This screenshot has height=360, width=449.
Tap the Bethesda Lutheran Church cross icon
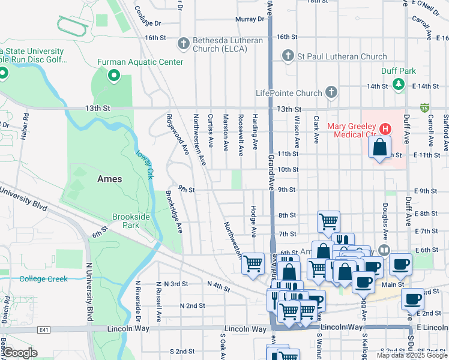(x=184, y=44)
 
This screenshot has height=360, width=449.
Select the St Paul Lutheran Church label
(x=340, y=57)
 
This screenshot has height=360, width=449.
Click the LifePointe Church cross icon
(x=330, y=92)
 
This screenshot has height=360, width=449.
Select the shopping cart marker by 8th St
(x=328, y=220)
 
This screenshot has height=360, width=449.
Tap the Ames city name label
(x=110, y=179)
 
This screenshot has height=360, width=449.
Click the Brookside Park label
(x=126, y=221)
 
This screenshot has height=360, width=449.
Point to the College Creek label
(x=43, y=278)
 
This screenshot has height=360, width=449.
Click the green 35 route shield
(x=425, y=108)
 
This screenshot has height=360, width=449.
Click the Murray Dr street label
(x=250, y=19)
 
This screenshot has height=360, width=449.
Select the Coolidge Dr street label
(x=147, y=17)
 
